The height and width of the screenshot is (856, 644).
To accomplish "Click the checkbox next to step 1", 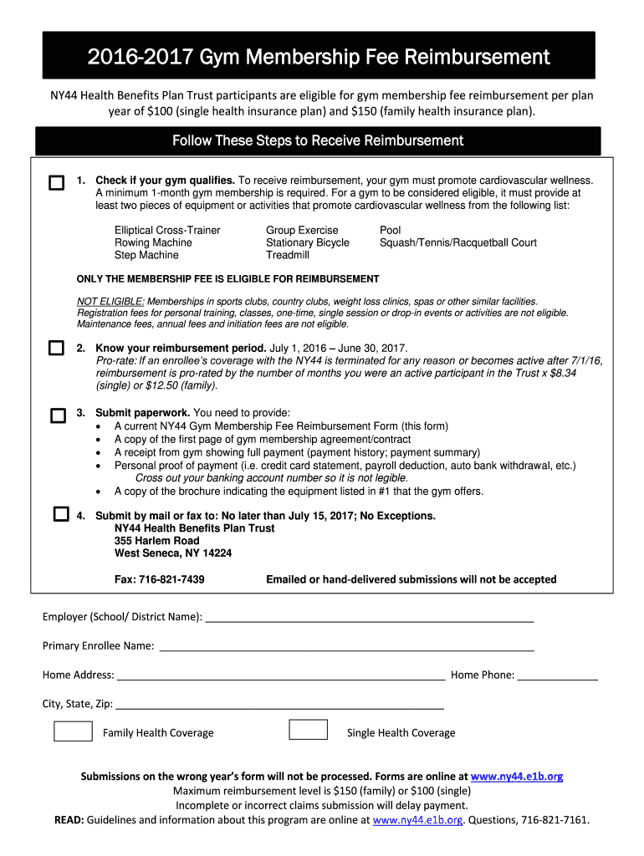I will coord(56,183).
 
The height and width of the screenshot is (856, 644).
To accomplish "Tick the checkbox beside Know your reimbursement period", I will coord(56,348).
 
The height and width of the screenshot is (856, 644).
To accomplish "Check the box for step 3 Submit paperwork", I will coord(58,415).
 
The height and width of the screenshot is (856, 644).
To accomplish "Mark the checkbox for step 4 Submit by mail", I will coord(61,514).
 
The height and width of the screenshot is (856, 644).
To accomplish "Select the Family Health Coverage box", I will coord(73,731).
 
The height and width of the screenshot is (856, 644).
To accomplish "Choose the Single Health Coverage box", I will coord(308,730).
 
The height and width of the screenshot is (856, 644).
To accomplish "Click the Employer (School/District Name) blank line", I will coord(369,618).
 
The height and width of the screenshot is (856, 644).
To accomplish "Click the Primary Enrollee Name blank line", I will coord(346,647).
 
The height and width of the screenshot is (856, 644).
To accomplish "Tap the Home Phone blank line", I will coord(557,676).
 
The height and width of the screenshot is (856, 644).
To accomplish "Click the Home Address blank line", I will coord(281,676).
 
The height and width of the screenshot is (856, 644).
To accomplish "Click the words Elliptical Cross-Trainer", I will coord(167,230).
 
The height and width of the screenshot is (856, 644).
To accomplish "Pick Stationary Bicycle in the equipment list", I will coord(307,242).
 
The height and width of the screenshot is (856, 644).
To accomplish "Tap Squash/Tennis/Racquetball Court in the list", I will coord(457,242).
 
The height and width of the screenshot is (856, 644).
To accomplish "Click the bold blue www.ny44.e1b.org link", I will coord(517,776).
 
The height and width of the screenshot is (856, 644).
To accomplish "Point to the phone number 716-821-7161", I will coord(555,820).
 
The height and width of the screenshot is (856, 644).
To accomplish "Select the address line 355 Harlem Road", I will coord(156,541).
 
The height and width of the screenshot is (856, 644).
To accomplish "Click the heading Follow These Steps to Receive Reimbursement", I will coord(318,140).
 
